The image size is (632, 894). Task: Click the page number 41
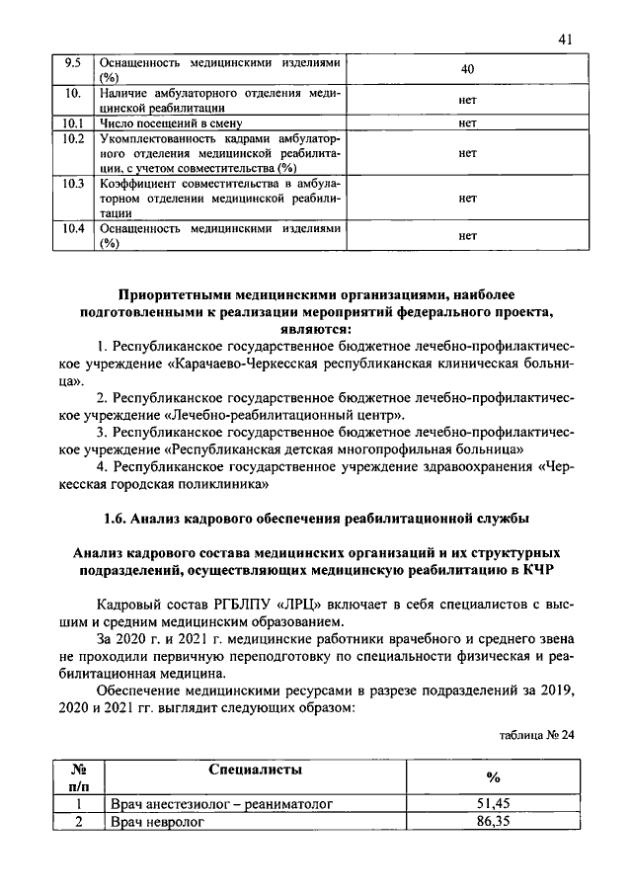[564, 41]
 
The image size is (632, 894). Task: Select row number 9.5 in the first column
[71, 62]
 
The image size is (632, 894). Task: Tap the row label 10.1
[71, 123]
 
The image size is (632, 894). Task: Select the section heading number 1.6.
[116, 518]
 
